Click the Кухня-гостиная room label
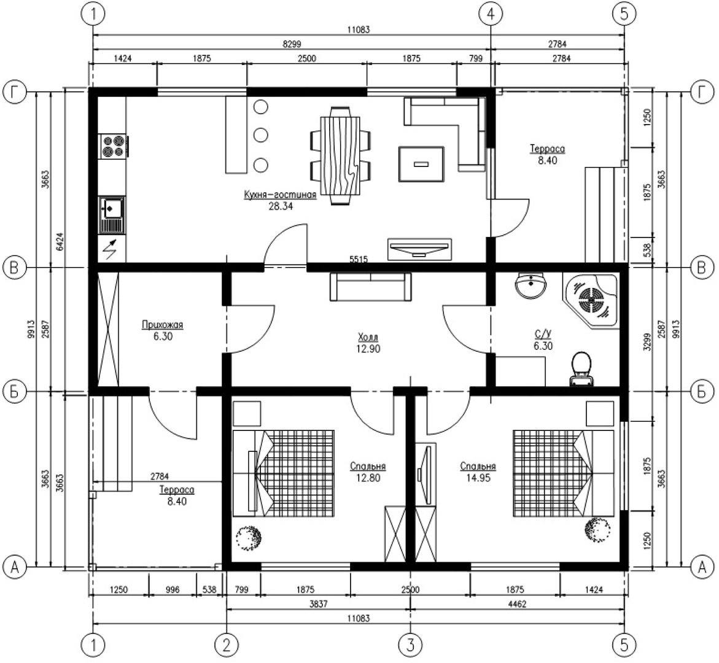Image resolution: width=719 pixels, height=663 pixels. click(280, 195)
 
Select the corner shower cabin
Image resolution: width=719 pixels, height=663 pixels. click(591, 300)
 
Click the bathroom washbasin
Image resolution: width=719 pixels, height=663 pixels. click(531, 285)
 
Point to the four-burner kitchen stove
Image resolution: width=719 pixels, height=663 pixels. click(113, 146)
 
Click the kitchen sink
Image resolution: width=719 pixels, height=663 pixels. click(111, 215)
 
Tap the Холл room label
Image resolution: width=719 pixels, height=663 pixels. click(368, 338)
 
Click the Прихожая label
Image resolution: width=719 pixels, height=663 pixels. click(162, 325)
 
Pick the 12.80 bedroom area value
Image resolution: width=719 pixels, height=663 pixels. click(368, 478)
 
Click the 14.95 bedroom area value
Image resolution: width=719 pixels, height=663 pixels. click(478, 478)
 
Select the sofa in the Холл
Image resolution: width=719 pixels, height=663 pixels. click(370, 287)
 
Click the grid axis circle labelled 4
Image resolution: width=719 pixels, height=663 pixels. click(491, 14)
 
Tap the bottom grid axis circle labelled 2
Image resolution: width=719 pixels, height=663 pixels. click(227, 645)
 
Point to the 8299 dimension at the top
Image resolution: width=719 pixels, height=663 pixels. click(292, 44)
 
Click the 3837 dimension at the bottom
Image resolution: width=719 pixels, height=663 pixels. click(318, 604)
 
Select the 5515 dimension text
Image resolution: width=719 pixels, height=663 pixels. click(359, 259)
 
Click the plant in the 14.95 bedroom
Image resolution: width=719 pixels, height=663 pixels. click(597, 530)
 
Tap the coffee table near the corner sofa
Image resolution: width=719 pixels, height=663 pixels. click(421, 164)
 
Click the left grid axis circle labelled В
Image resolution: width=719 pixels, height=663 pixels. click(14, 267)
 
